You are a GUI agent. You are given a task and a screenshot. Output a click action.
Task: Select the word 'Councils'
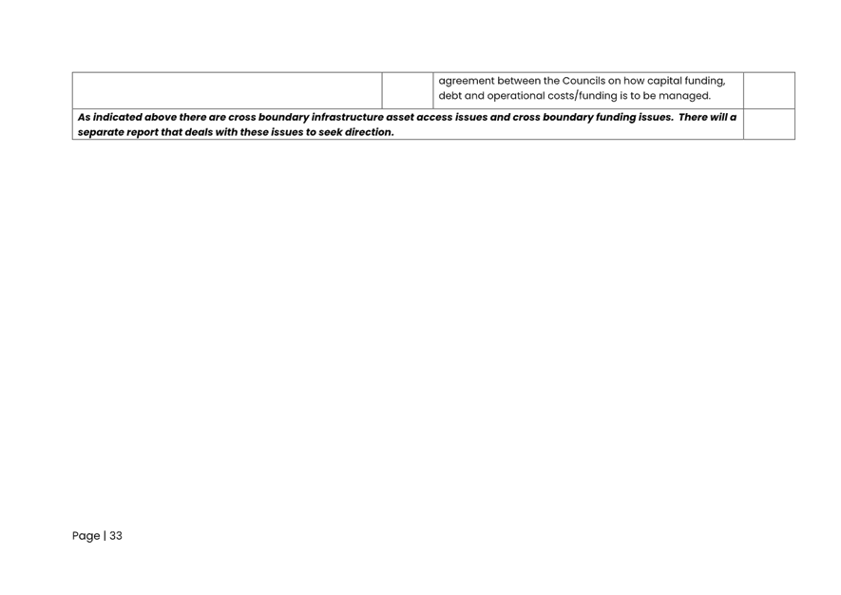[583, 81]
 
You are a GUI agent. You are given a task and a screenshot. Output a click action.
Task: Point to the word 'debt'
[449, 95]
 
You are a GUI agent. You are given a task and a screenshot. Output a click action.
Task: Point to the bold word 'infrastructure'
[348, 117]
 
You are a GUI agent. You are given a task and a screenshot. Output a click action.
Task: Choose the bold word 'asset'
[399, 117]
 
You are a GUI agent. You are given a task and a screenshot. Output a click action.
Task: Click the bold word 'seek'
[331, 132]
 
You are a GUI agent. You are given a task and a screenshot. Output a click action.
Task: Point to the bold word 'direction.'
[370, 132]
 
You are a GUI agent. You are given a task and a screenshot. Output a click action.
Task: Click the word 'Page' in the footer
[86, 536]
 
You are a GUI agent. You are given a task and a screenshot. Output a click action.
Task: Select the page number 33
[116, 535]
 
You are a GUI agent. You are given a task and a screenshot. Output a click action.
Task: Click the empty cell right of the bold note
[769, 124]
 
